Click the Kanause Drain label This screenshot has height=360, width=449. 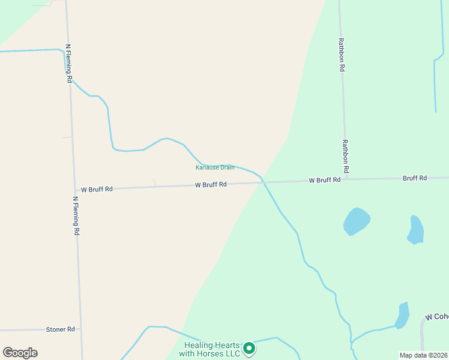click(215, 167)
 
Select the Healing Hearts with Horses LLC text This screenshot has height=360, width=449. click(212, 349)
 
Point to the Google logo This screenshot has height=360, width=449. click(20, 353)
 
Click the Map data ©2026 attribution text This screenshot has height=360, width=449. click(423, 355)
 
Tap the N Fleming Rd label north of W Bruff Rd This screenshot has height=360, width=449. click(69, 63)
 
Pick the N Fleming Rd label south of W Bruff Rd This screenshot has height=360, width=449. click(76, 215)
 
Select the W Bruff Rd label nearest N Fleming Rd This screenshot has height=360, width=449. click(97, 189)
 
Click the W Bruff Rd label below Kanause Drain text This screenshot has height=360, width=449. click(211, 185)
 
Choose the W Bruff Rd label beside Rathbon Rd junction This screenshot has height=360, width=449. click(325, 180)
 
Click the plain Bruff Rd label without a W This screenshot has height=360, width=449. click(415, 178)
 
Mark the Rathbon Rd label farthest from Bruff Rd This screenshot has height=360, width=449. click(341, 55)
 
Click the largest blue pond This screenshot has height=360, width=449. click(357, 221)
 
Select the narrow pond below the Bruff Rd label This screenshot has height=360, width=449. click(415, 230)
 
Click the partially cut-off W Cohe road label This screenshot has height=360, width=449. click(436, 316)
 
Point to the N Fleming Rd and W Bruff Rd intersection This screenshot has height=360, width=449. click(74, 190)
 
